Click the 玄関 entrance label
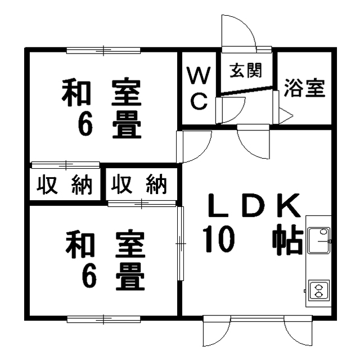click(x=246, y=70)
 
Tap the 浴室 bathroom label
click(x=304, y=88)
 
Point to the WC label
click(x=199, y=88)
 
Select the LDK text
click(x=254, y=205)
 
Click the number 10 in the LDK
click(x=219, y=238)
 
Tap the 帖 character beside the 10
click(x=288, y=239)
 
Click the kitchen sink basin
click(x=319, y=240)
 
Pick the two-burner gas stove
click(x=319, y=291)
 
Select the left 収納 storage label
click(x=65, y=184)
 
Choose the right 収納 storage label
click(x=139, y=184)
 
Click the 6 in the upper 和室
click(x=85, y=124)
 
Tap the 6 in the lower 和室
click(x=89, y=276)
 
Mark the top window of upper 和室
click(x=103, y=50)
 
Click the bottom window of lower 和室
click(x=103, y=319)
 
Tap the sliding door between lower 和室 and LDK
click(x=181, y=244)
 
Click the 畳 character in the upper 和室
click(x=127, y=125)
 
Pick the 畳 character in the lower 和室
click(x=130, y=277)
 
